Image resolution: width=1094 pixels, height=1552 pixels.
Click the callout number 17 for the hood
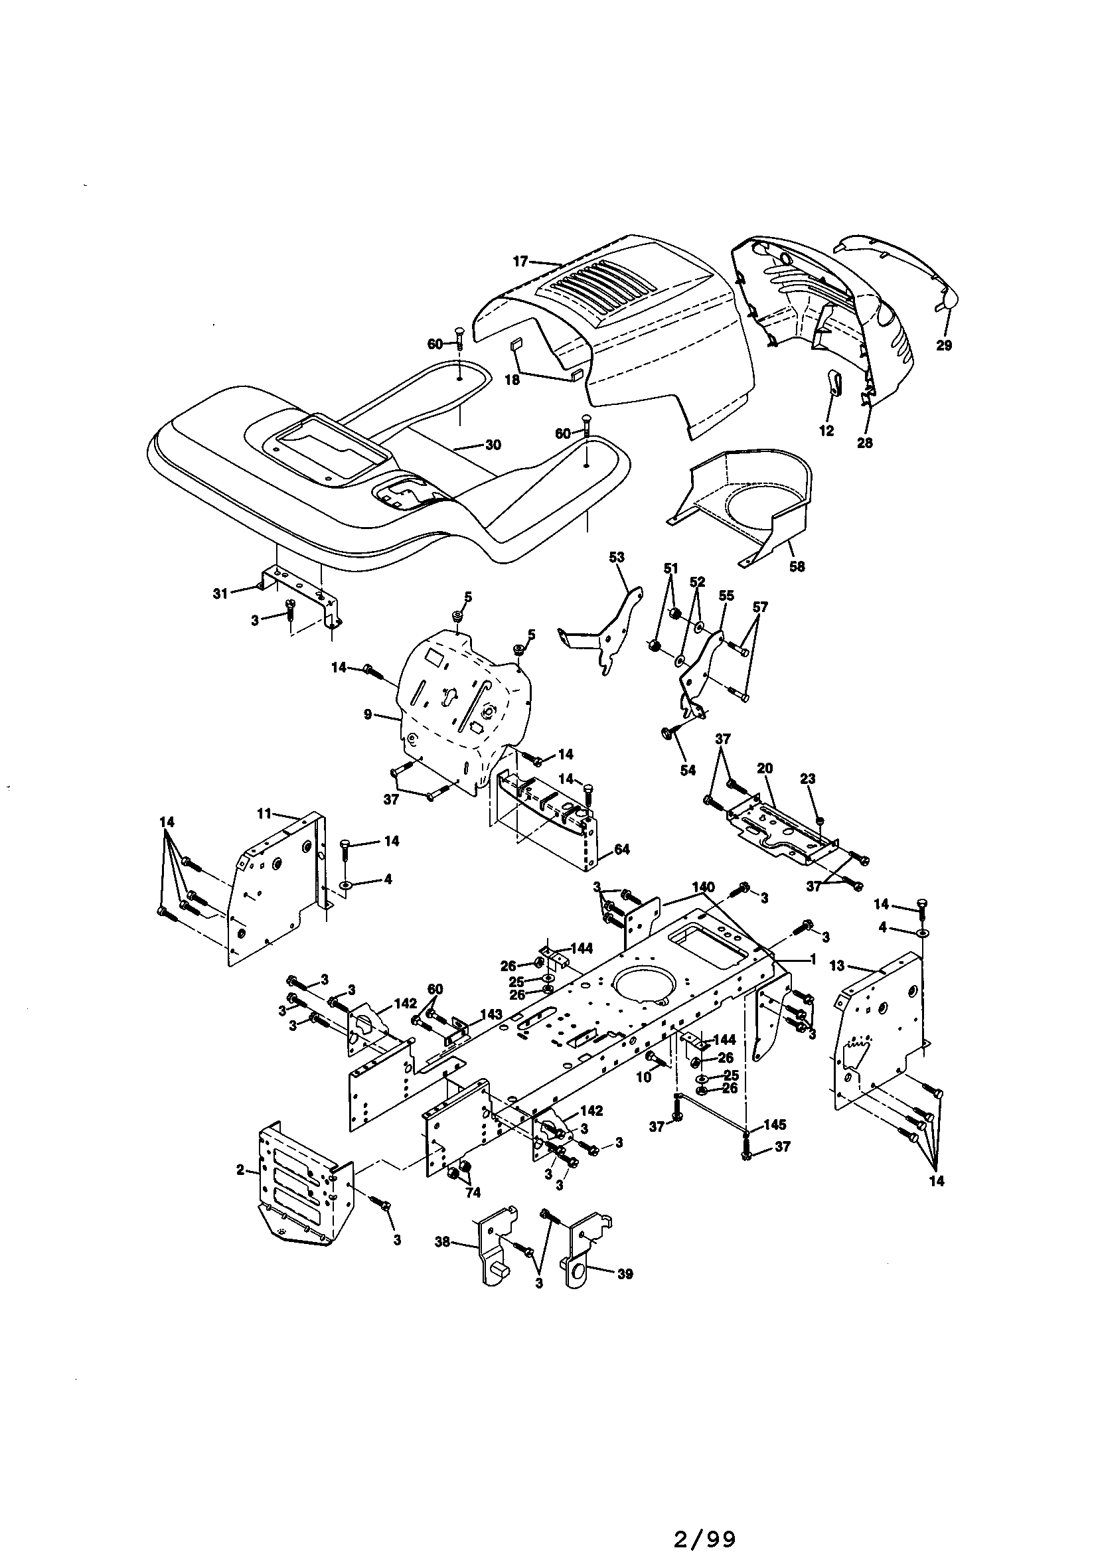tap(520, 261)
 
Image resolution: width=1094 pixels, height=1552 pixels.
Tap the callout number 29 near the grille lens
tap(944, 345)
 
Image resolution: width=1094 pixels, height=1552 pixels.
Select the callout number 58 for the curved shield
tap(797, 566)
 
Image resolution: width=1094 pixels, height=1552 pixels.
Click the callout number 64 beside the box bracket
tap(621, 849)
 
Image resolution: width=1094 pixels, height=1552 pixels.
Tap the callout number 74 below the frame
tap(473, 1193)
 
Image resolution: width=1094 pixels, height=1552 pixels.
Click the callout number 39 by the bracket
tap(625, 1273)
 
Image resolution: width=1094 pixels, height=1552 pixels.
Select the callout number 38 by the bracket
tap(442, 1241)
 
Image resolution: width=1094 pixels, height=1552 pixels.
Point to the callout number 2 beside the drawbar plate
tap(241, 1170)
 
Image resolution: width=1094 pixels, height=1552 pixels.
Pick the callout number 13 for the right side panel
tap(838, 966)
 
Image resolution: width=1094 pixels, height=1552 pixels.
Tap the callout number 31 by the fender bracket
tap(220, 593)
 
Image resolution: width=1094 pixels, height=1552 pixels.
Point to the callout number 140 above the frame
tap(703, 886)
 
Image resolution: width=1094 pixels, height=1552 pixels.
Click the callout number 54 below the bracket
tap(687, 770)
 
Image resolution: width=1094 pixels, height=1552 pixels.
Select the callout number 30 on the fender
tap(493, 445)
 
